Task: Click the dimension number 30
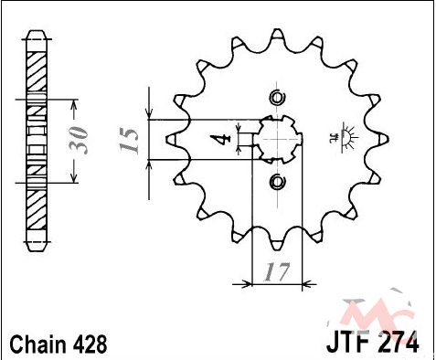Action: pos(79,140)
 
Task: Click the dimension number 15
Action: pos(129,141)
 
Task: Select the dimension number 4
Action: pos(220,140)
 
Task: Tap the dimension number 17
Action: pos(277,272)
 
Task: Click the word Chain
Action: pos(38,344)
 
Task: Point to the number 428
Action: pos(90,344)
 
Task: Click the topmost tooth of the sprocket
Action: pos(277,35)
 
